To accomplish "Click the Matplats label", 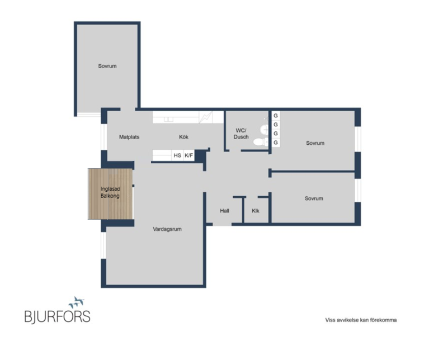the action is [129, 137].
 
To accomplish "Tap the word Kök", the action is [183, 137].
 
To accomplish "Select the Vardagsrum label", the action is [167, 229].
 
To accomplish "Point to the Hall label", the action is [224, 211].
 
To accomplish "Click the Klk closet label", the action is [256, 211].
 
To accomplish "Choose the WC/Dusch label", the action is [241, 134].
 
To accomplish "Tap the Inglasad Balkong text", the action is [110, 192].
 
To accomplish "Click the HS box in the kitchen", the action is [177, 155].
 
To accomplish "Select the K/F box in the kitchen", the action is [189, 155].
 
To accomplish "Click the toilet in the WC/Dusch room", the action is [260, 142].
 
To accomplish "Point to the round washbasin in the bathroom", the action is [264, 130].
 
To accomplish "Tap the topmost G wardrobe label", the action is [276, 116].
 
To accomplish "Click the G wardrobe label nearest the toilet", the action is [276, 143].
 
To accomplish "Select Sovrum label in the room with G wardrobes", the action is [315, 143].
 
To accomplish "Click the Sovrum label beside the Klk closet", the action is [314, 198].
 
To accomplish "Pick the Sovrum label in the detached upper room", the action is [107, 66].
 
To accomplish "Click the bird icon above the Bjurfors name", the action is [77, 302].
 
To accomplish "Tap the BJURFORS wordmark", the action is [57, 316].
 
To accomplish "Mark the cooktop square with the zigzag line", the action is [205, 117].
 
